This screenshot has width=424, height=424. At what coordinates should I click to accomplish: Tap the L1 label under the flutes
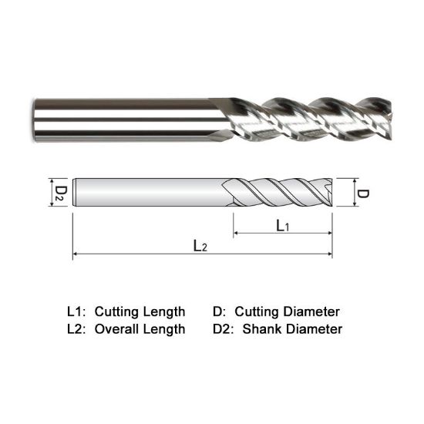pyautogui.click(x=283, y=225)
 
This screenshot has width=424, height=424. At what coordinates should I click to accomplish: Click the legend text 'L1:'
pyautogui.click(x=76, y=312)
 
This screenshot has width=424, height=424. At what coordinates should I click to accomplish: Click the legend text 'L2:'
pyautogui.click(x=76, y=329)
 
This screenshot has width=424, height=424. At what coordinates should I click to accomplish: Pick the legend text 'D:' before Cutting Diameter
pyautogui.click(x=219, y=312)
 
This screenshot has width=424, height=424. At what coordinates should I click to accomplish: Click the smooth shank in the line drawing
pyautogui.click(x=146, y=193)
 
